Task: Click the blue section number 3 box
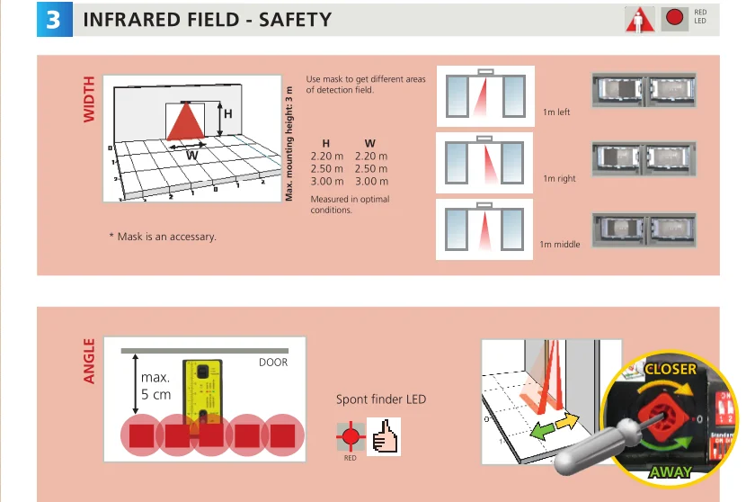pos(53,20)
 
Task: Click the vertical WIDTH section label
pos(89,99)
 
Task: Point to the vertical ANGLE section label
pos(89,362)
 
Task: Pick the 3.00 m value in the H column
pos(326,182)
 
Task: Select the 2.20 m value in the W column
pos(370,156)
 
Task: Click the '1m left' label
pos(556,112)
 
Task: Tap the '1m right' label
pos(559,179)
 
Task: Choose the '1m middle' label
pos(559,244)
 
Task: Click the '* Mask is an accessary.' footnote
pos(162,237)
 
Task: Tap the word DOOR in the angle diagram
pos(273,363)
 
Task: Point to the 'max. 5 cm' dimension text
pos(155,385)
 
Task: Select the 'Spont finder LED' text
pos(381,399)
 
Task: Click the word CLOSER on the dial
pos(671,370)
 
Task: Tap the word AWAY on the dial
pos(671,471)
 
